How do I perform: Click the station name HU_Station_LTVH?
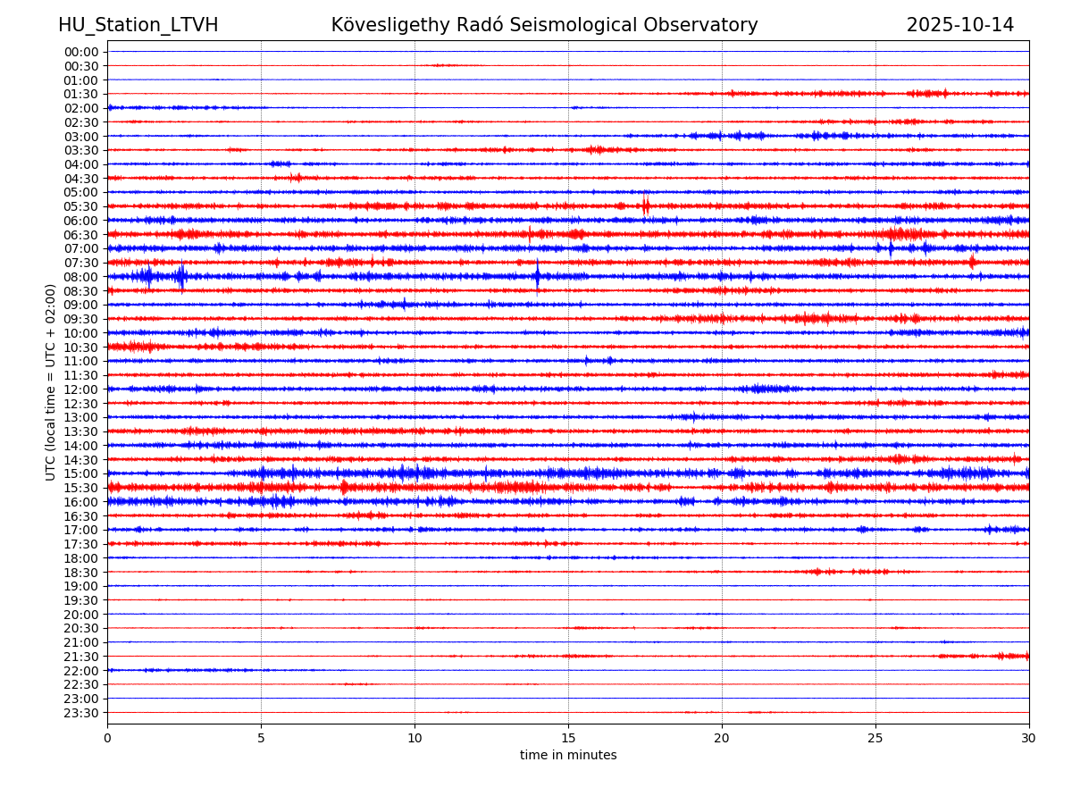click(x=138, y=25)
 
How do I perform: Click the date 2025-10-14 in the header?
click(x=959, y=25)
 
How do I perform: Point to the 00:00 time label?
click(x=80, y=52)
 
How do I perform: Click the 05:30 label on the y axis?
click(x=80, y=206)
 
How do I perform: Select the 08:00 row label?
click(x=80, y=277)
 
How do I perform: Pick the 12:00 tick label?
click(x=80, y=389)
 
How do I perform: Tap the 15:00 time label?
click(x=80, y=473)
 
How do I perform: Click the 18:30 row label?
click(x=80, y=572)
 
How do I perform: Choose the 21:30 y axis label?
click(x=80, y=657)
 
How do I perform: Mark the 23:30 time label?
click(x=80, y=713)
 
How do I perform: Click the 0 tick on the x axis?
click(x=107, y=738)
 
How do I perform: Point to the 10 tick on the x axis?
click(x=415, y=738)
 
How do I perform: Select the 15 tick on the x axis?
click(x=568, y=738)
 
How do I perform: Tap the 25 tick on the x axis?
click(x=875, y=738)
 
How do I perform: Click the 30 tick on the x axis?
click(x=1029, y=738)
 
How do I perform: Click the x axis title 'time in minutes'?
click(x=568, y=756)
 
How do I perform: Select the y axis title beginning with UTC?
click(x=51, y=381)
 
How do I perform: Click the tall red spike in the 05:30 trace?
click(x=646, y=205)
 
